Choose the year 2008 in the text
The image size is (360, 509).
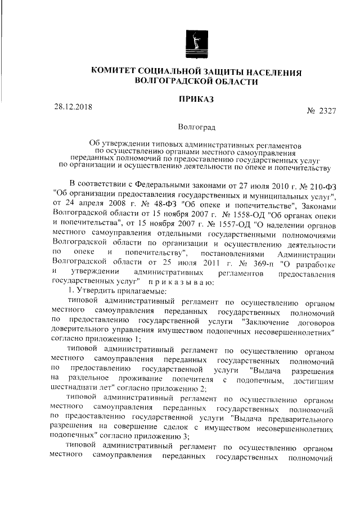116,206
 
